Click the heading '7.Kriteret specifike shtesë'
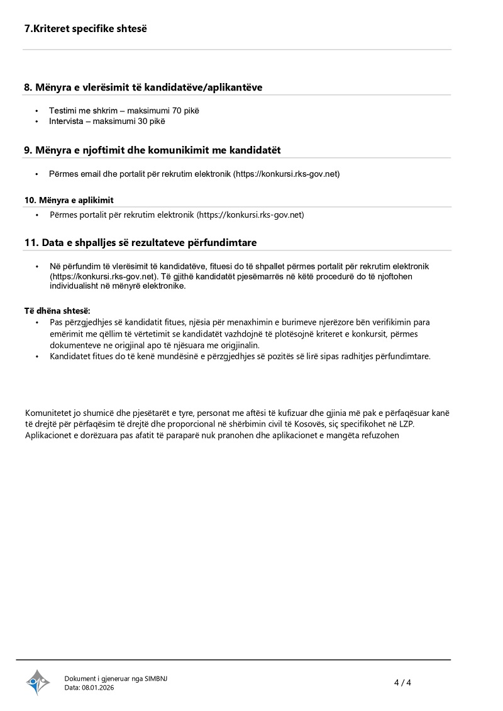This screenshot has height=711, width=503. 85,29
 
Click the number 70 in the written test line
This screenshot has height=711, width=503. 169,111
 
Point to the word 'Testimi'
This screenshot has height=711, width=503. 62,111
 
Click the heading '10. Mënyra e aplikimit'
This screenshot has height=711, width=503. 69,200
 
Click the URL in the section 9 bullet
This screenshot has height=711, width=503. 286,174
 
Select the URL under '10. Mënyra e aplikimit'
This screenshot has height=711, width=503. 250,215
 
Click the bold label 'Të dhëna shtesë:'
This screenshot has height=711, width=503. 57,311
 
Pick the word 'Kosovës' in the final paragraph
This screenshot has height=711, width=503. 330,424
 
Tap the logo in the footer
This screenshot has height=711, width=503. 38,682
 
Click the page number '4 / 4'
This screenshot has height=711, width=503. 402,683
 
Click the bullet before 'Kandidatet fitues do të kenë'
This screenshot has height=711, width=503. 37,357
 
